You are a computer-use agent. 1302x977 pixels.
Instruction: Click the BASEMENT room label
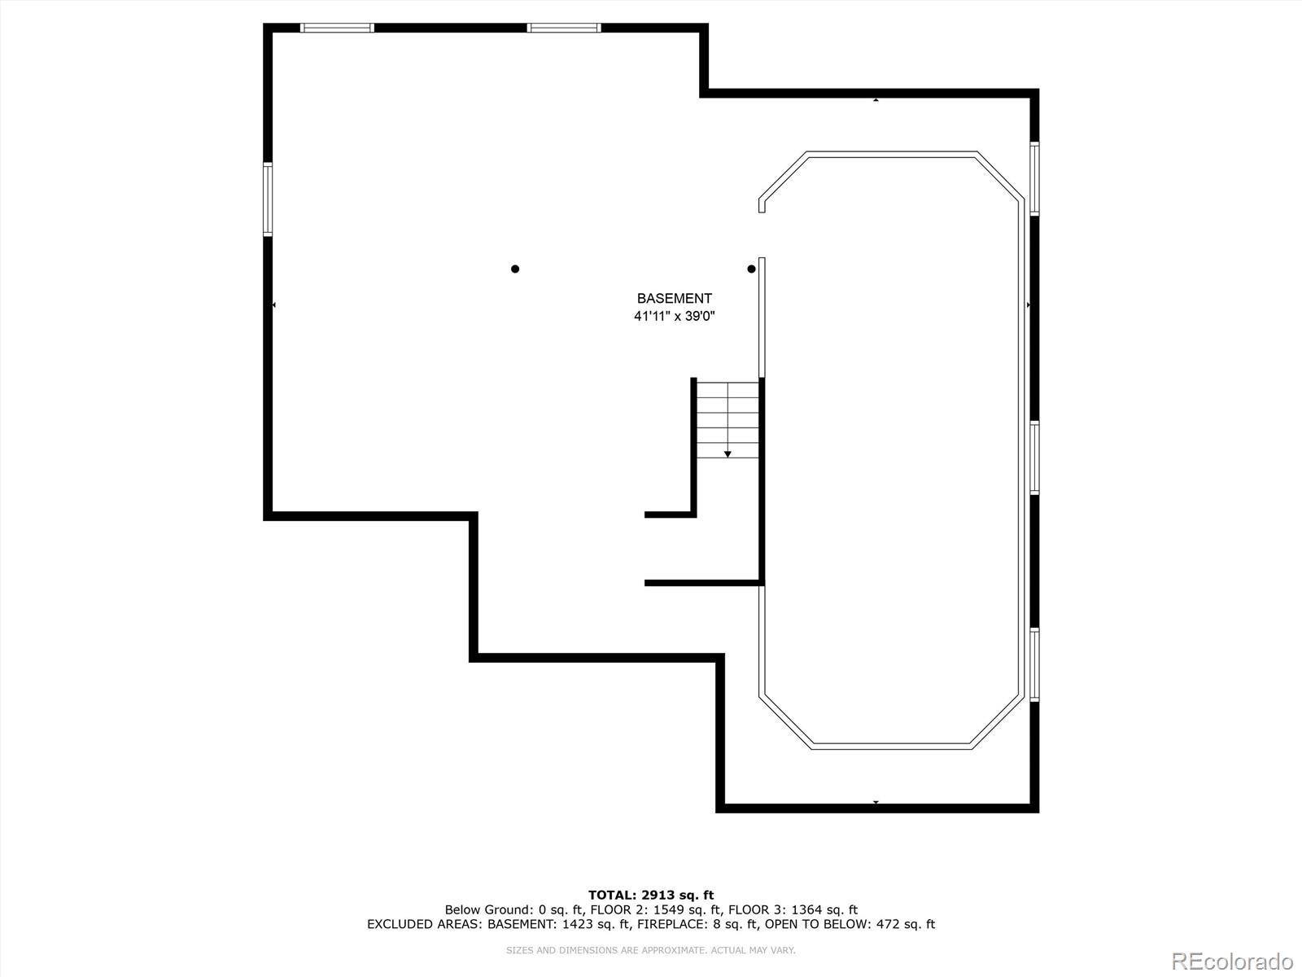point(674,299)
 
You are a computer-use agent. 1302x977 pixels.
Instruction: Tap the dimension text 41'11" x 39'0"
point(674,317)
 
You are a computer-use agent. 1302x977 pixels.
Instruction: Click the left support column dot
point(515,269)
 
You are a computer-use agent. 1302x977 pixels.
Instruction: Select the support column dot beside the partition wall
point(751,269)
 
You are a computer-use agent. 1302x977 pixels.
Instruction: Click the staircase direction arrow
point(727,453)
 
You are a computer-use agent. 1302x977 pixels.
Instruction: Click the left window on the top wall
point(337,28)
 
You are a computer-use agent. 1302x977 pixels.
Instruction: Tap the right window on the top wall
point(563,28)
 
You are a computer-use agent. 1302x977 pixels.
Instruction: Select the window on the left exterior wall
point(268,199)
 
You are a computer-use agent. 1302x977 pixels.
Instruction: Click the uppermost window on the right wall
point(1034,178)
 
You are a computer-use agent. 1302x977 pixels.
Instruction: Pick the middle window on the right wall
point(1034,458)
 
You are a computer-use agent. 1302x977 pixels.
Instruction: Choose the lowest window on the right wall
point(1034,664)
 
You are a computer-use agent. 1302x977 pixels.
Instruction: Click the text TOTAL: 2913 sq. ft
point(651,895)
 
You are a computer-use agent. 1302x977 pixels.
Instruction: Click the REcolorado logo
point(1232,962)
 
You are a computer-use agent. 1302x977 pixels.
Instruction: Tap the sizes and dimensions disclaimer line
point(651,950)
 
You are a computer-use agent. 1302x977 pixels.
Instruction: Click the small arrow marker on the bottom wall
point(876,803)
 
